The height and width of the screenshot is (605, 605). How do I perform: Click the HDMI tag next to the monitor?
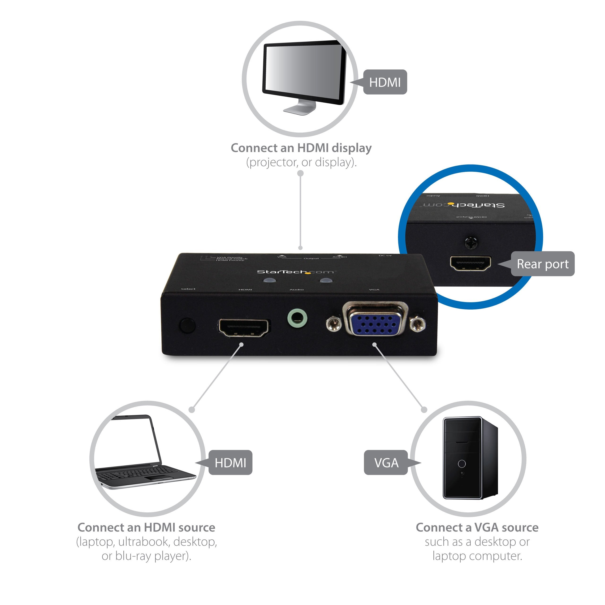pos(385,82)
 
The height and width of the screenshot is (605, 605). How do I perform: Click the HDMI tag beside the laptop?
pos(230,462)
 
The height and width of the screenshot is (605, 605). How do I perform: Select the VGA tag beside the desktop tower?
pos(386,462)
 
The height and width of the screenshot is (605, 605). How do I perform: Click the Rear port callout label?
pos(542,264)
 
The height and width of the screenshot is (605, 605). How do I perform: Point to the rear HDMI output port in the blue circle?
pos(470,263)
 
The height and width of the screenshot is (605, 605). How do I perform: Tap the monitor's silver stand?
pos(300,108)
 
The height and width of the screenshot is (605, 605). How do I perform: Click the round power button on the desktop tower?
pos(462,463)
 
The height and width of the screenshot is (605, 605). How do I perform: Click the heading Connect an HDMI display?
pos(301,148)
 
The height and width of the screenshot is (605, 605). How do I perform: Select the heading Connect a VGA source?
pos(477,527)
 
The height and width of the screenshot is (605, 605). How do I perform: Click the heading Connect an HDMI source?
pos(146,527)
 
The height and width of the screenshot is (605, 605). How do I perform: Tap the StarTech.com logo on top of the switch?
pos(296,272)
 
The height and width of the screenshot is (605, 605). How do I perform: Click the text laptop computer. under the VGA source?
pos(477,556)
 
